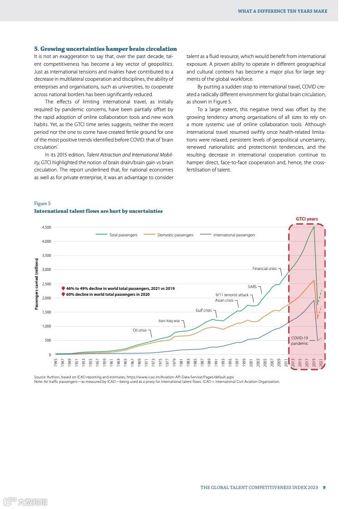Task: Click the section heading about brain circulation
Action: [105, 49]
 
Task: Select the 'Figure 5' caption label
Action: [42, 203]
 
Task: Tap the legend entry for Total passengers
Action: [123, 235]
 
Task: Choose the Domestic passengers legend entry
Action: [175, 235]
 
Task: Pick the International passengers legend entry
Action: [234, 235]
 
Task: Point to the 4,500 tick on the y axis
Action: [46, 227]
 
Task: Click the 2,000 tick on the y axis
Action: [46, 298]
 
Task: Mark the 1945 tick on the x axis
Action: [55, 362]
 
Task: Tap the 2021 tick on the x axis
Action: [321, 362]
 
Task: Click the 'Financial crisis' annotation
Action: [264, 269]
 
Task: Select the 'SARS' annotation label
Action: [252, 287]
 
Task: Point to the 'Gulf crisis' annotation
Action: [203, 310]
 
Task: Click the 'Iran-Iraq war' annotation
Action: [169, 321]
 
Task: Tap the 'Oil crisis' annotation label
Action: [139, 330]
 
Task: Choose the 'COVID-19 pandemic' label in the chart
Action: [300, 341]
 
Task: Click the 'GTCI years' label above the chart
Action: [307, 219]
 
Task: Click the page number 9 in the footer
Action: [324, 488]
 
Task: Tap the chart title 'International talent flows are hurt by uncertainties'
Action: [98, 211]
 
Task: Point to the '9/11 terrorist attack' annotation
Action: [232, 295]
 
